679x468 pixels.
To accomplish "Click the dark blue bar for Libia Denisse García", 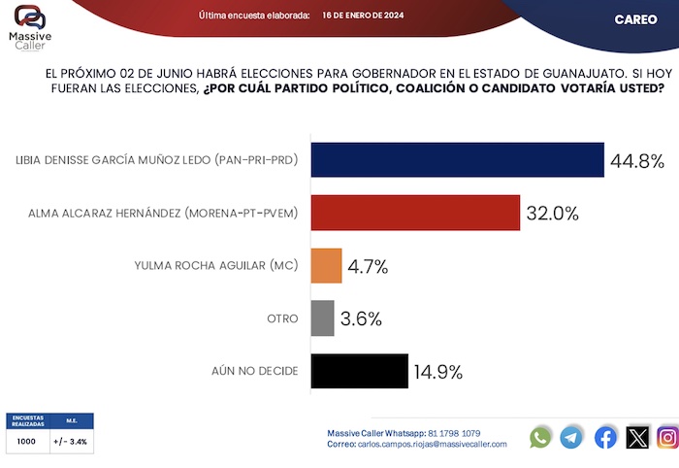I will (457, 159).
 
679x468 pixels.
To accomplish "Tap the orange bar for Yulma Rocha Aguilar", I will (326, 265).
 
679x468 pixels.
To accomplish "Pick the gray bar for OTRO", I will (322, 318).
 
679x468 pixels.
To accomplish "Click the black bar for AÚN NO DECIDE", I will (359, 371).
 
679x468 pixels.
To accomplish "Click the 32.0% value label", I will (552, 213).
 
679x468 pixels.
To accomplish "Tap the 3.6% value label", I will (361, 318).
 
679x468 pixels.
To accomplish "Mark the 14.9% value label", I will (436, 371).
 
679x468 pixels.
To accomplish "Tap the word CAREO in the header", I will (635, 19).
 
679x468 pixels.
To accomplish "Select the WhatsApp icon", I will (540, 437).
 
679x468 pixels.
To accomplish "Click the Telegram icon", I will (572, 437).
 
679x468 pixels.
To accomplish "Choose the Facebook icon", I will (605, 437).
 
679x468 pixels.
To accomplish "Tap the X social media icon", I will (637, 437).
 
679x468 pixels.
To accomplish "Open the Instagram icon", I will (667, 437).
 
